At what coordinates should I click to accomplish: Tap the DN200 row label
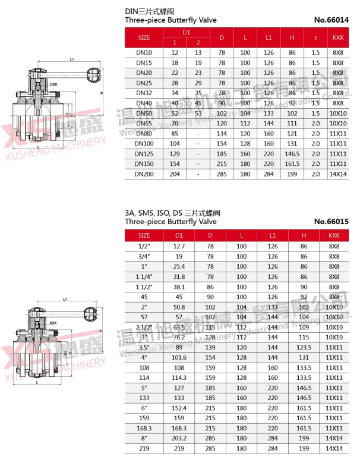[144, 174]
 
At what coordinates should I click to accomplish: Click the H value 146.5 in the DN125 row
[292, 153]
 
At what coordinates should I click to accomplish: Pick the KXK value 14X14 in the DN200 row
[338, 174]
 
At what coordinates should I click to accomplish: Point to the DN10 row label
[144, 52]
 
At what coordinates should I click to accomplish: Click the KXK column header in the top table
[338, 37]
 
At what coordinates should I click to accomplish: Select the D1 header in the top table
[186, 32]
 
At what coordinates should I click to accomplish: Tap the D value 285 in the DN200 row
[222, 174]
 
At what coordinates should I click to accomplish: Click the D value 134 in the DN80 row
[222, 133]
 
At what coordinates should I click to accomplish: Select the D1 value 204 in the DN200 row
[175, 174]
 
